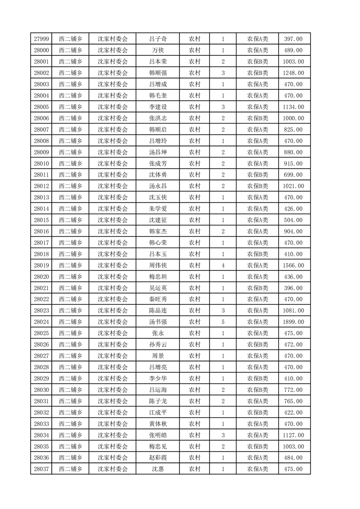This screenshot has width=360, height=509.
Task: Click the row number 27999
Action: (41, 39)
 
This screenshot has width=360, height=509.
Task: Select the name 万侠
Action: (158, 50)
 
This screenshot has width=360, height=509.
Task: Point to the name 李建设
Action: (158, 107)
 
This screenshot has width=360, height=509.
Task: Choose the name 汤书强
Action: (158, 322)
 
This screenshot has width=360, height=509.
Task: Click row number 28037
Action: (41, 469)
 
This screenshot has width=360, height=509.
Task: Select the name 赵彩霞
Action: (158, 458)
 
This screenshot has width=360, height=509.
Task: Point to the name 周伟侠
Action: (158, 265)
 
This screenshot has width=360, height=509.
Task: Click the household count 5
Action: (223, 322)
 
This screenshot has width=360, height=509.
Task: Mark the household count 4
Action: (223, 265)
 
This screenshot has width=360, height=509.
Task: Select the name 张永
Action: (158, 333)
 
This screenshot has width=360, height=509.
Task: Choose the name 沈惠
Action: (158, 469)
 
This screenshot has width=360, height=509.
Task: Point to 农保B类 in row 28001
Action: (257, 62)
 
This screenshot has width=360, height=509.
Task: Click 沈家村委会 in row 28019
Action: (113, 265)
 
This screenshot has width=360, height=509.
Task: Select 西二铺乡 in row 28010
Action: (70, 163)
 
